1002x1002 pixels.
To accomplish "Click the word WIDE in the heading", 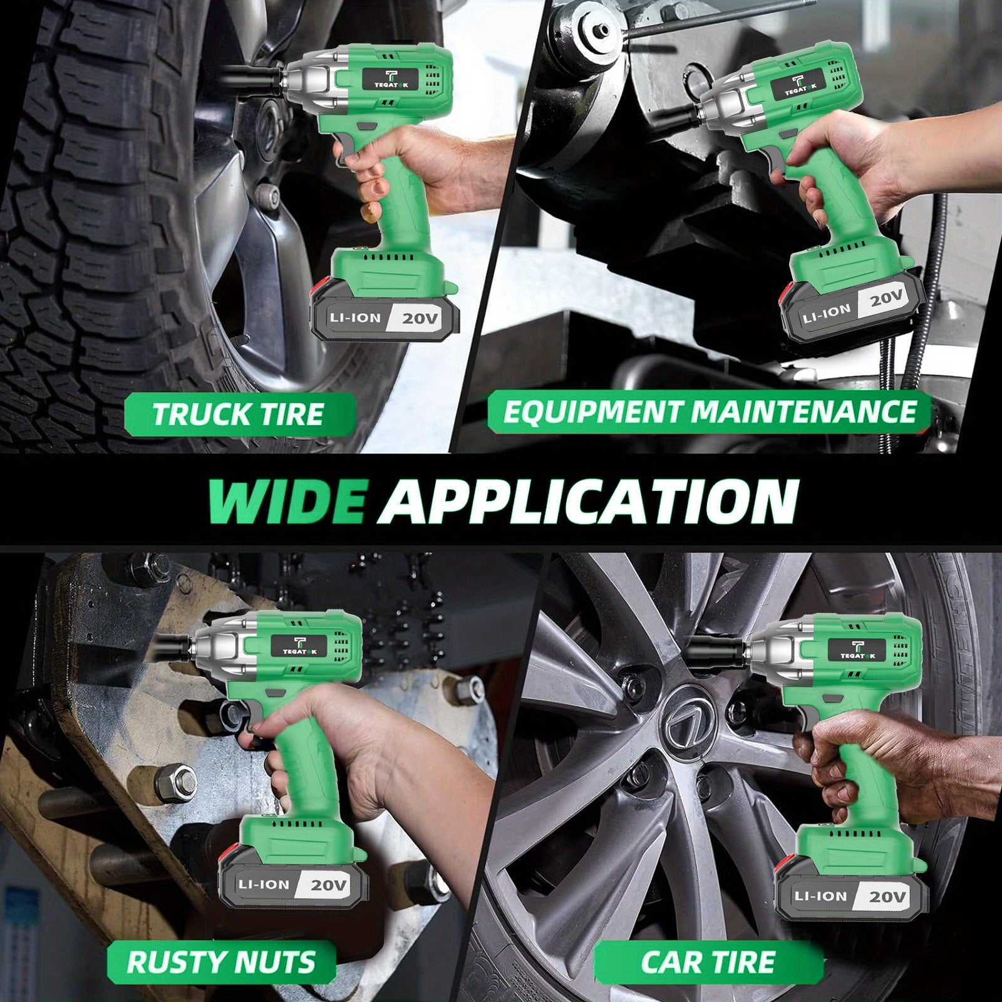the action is click(x=286, y=501).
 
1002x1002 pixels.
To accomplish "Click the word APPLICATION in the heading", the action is click(x=587, y=501).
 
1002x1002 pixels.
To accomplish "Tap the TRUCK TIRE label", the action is click(x=238, y=415).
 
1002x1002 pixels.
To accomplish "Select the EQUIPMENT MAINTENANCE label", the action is click(x=710, y=412).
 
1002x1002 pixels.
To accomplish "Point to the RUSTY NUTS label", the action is click(x=221, y=962).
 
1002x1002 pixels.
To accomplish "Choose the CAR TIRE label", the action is click(x=708, y=962).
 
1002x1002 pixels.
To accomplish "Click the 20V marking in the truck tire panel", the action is click(x=421, y=319).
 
